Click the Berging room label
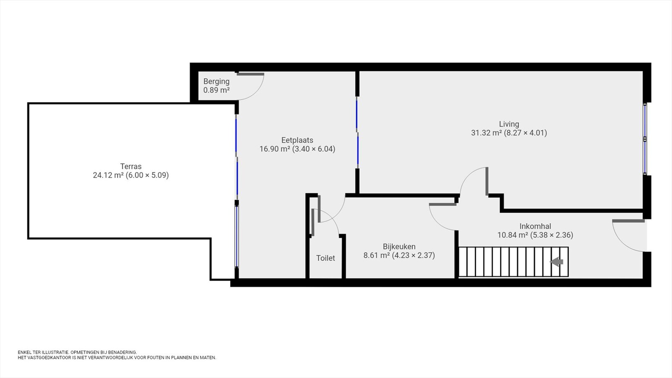click(x=216, y=81)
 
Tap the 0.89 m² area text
click(x=217, y=90)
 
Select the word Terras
click(x=131, y=166)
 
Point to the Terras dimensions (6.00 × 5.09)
click(x=147, y=175)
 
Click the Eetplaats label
click(x=297, y=140)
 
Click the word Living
click(x=509, y=124)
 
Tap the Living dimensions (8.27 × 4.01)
click(x=525, y=133)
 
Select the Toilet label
click(x=325, y=258)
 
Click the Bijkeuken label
click(x=399, y=247)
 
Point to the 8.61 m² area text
click(x=376, y=255)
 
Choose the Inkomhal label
click(x=535, y=226)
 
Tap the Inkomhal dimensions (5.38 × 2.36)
click(x=551, y=235)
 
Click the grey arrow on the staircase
click(x=556, y=262)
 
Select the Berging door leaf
click(x=250, y=74)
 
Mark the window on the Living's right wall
click(x=645, y=139)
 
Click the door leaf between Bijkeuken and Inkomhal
click(x=443, y=205)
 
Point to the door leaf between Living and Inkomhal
click(x=487, y=181)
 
